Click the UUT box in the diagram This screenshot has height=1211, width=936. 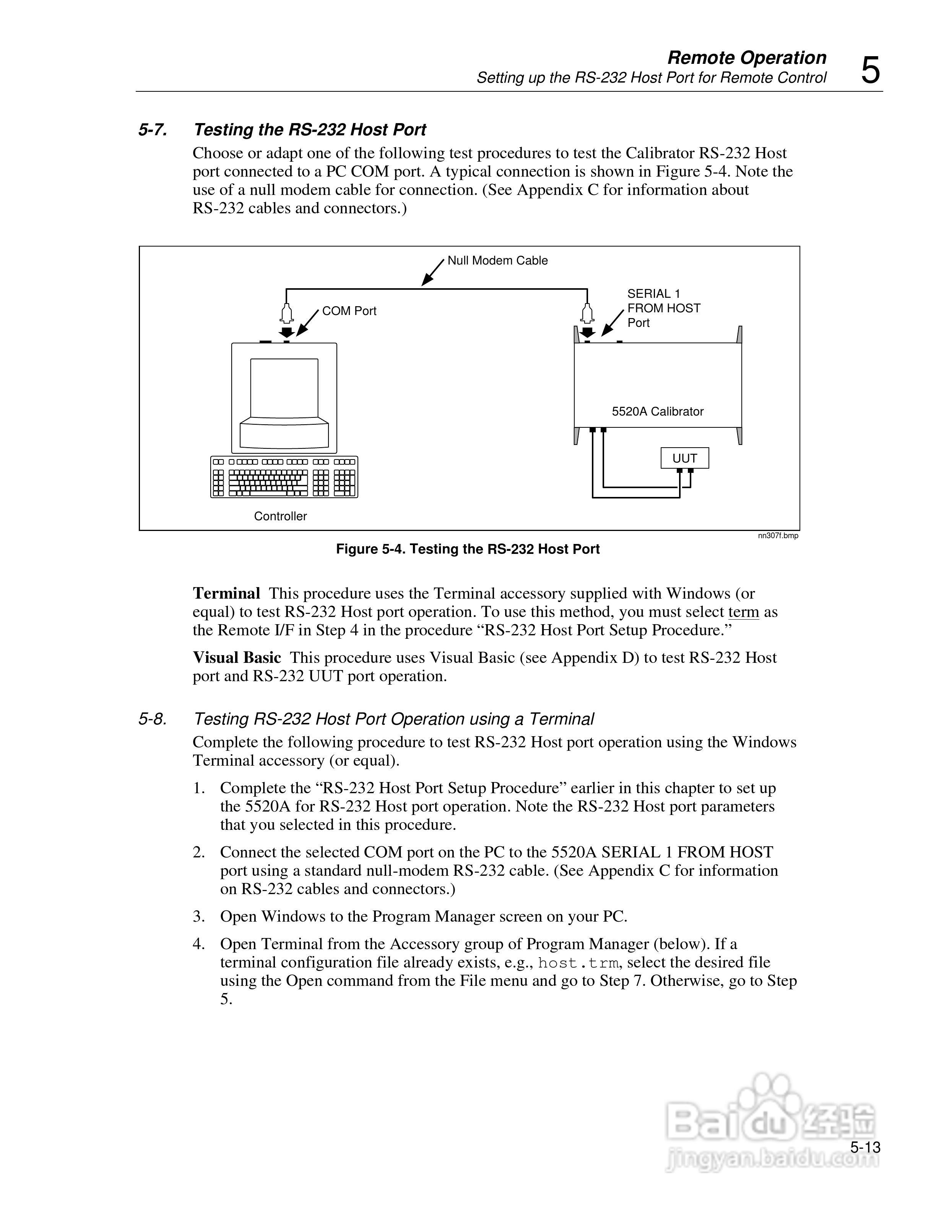(684, 458)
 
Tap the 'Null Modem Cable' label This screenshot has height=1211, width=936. (497, 261)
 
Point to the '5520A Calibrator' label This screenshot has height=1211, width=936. (657, 411)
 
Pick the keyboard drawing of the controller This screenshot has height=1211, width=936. (284, 477)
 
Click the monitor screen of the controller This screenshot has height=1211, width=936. (284, 388)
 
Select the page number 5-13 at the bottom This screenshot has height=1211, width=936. (865, 1147)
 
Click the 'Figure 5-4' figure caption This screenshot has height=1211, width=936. (468, 549)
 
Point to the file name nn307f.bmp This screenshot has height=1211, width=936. (778, 536)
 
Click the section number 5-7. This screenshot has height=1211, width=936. (153, 130)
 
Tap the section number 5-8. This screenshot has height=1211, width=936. (153, 719)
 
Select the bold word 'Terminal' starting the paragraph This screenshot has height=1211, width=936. (226, 593)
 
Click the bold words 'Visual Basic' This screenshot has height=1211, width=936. (237, 657)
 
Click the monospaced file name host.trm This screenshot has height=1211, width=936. (577, 963)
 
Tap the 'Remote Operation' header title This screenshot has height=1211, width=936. (746, 58)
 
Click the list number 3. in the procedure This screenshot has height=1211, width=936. (199, 917)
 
